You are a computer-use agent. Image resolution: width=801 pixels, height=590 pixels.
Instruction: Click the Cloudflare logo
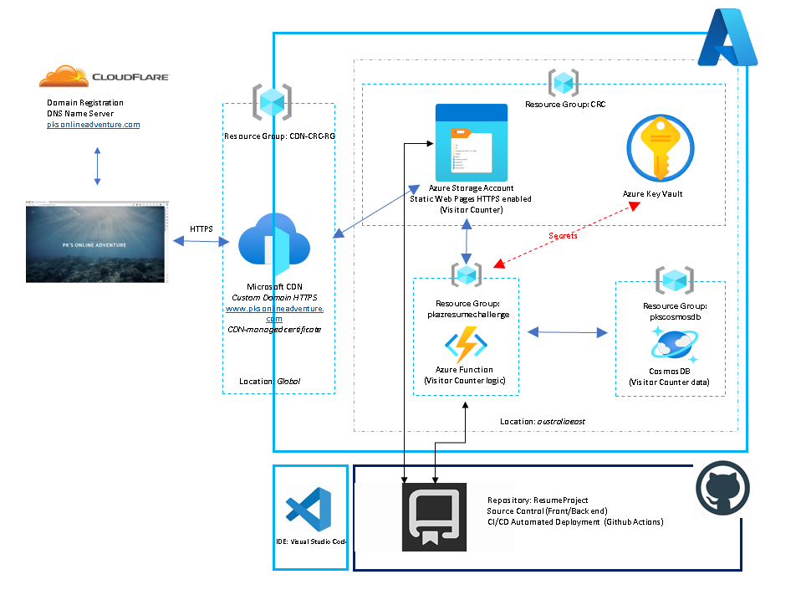click(x=104, y=77)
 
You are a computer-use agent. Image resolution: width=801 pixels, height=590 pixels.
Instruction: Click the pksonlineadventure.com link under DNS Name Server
click(x=93, y=124)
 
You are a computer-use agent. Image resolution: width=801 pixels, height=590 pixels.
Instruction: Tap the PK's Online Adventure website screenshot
click(x=96, y=242)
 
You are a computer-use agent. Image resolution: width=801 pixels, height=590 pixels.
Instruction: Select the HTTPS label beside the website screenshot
click(x=202, y=228)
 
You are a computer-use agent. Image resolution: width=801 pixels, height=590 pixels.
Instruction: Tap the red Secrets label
click(x=563, y=236)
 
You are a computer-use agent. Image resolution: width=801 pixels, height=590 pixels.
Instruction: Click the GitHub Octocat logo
click(x=722, y=489)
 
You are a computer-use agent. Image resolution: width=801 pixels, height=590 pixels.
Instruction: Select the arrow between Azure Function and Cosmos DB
click(x=568, y=333)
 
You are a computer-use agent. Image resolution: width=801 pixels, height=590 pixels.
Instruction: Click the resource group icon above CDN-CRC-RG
click(x=273, y=102)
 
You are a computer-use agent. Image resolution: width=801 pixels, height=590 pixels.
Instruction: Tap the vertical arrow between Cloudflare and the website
click(x=97, y=167)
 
